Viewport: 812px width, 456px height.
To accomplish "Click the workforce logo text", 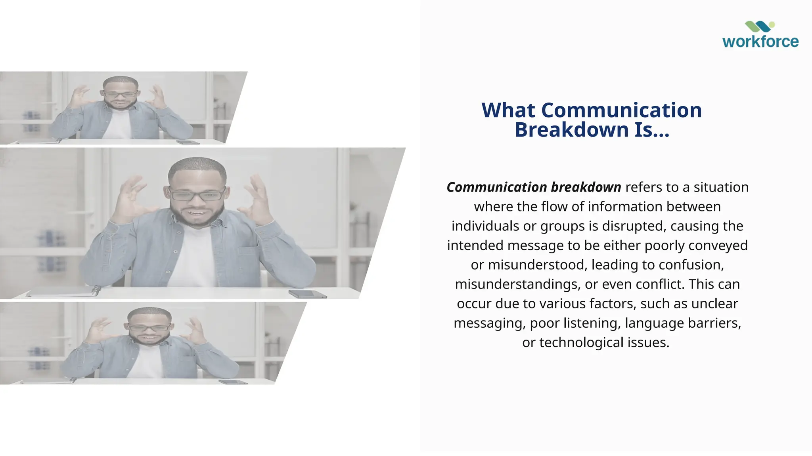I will point(760,42).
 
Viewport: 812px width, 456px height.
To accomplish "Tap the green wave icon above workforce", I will point(759,27).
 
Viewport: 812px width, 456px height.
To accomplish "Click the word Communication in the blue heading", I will point(621,110).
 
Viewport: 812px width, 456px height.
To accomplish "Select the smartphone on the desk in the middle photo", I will point(307,294).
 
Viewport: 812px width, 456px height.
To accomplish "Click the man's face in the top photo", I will point(120,96).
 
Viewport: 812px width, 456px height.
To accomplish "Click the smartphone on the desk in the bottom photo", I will point(233,382).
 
